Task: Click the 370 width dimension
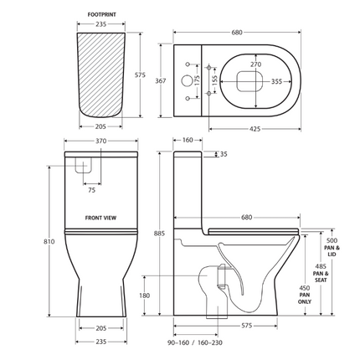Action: (100, 142)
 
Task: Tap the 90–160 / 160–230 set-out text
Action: (194, 342)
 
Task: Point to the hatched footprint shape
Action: (100, 75)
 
